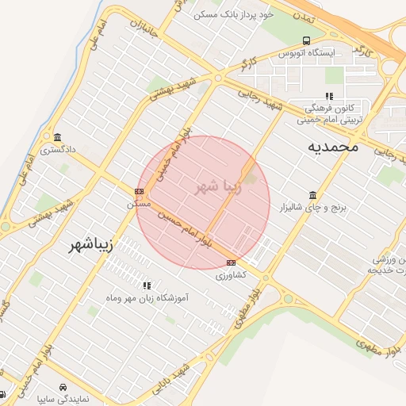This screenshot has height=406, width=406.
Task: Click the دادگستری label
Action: tap(57, 149)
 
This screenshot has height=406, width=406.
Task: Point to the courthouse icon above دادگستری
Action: tap(56, 136)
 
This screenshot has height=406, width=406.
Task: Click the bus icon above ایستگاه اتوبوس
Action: tap(306, 41)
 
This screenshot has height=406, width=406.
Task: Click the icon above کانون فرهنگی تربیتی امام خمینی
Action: tap(329, 96)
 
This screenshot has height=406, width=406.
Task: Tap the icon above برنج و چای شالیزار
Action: tap(312, 195)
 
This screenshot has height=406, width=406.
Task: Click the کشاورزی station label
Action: tap(231, 275)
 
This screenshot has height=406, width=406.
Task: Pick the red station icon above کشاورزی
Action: tap(231, 262)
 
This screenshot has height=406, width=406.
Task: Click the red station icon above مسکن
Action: tap(140, 191)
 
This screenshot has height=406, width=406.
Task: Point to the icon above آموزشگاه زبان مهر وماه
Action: tap(146, 285)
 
